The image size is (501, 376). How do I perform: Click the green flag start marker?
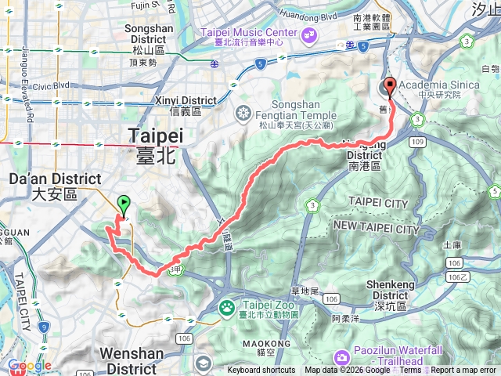[x=123, y=205]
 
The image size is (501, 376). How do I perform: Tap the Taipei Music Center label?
[x=250, y=32]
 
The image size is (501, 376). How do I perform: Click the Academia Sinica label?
[x=440, y=85]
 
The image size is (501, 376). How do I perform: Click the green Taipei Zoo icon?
[x=227, y=306]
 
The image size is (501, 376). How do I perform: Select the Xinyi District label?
[x=186, y=106]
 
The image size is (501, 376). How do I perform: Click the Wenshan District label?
[x=132, y=361]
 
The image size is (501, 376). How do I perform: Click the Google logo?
[x=29, y=366]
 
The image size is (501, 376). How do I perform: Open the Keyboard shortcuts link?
[x=261, y=371]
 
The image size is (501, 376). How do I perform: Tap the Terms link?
[x=410, y=371]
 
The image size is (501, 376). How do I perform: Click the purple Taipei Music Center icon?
[x=311, y=34]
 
